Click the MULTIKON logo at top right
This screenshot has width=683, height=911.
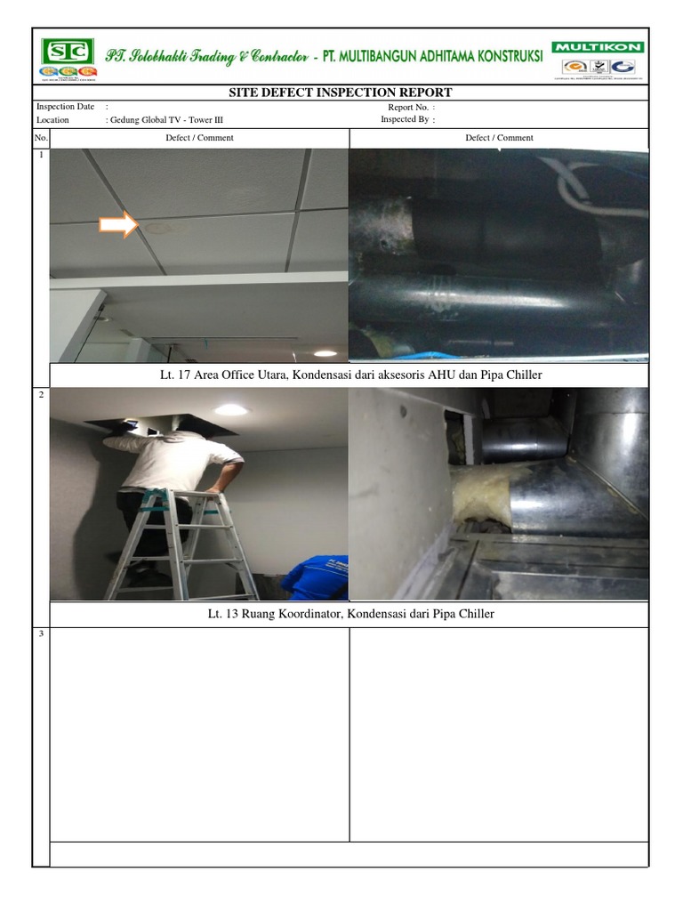point(599,47)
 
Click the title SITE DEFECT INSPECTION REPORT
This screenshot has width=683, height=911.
point(341,93)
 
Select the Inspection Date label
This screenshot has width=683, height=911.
point(65,107)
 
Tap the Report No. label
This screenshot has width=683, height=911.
point(408,107)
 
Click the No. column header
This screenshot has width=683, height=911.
point(41,138)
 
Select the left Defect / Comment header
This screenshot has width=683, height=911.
point(199,138)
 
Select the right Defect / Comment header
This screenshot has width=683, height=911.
point(499,138)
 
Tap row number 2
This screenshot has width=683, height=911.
point(40,394)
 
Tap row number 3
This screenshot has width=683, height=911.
point(40,634)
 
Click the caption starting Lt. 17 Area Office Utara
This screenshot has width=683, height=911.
point(349,375)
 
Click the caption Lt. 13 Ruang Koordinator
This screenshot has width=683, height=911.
point(349,614)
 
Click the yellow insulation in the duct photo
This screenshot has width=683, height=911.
point(481,497)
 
